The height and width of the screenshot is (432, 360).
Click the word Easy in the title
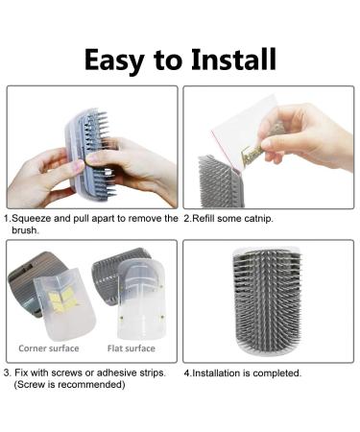[x=114, y=60]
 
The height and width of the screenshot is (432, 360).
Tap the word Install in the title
[x=233, y=59]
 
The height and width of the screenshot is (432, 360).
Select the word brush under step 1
[x=25, y=230]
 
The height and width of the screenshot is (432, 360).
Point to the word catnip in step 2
[x=257, y=219]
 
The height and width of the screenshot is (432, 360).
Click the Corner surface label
[x=49, y=348]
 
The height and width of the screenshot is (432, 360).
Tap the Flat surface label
[x=132, y=348]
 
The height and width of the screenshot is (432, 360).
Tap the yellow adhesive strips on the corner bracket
[x=64, y=299]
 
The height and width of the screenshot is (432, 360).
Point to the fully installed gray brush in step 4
[x=267, y=300]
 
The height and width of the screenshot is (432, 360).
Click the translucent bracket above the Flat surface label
[x=141, y=300]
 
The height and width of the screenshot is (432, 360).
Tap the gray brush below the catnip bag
[x=221, y=180]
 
